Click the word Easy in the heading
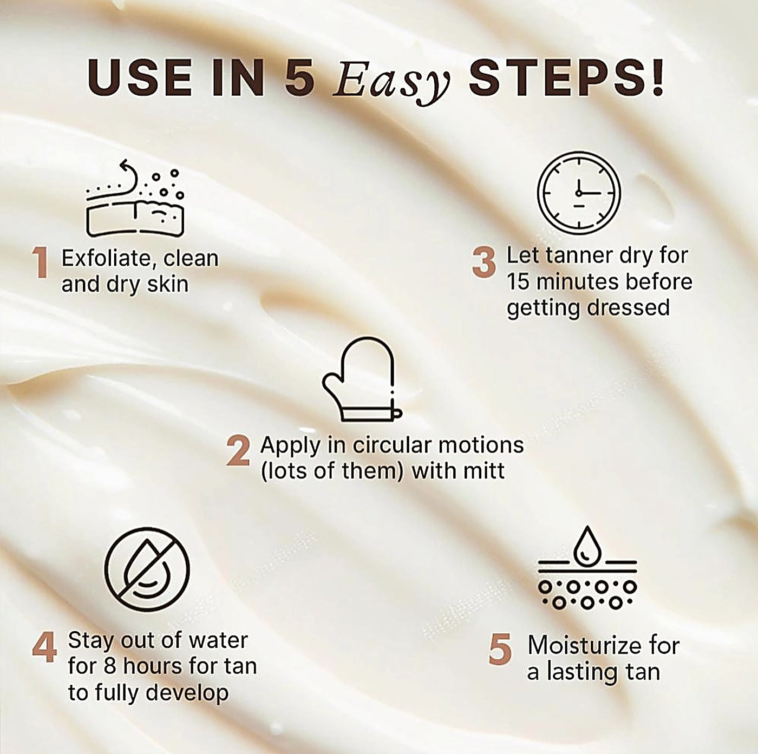(391, 83)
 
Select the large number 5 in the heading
(300, 78)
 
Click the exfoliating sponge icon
(135, 198)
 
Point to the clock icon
(579, 193)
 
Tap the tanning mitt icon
(361, 379)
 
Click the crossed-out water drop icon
(147, 570)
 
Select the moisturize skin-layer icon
(587, 568)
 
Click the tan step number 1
(41, 263)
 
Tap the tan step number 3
(484, 263)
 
